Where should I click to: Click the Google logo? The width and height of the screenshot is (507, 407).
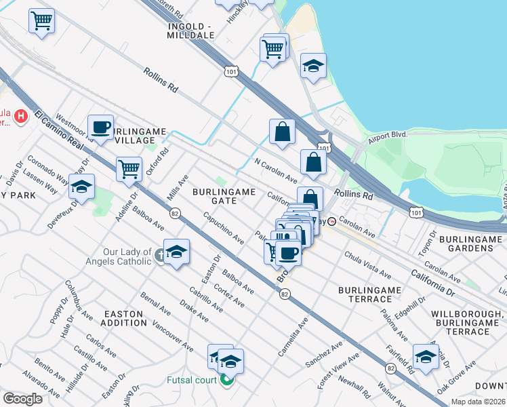(x=23, y=399)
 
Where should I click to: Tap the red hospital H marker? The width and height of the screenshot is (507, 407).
(x=21, y=116)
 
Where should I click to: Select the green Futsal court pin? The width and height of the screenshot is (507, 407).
(x=226, y=380)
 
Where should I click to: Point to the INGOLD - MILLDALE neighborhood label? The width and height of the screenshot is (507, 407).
(x=190, y=30)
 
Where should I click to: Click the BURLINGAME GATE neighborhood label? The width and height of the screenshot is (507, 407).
(x=224, y=196)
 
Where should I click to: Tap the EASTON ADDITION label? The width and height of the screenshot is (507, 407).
(x=123, y=319)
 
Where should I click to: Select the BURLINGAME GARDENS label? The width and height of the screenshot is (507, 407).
(x=474, y=244)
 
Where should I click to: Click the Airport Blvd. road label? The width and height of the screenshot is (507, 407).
(x=388, y=135)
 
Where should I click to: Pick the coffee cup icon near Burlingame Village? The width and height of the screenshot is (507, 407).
(x=100, y=127)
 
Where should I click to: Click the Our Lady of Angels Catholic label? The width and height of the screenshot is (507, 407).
(x=119, y=256)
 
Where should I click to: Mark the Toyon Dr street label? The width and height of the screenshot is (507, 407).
(x=427, y=260)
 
